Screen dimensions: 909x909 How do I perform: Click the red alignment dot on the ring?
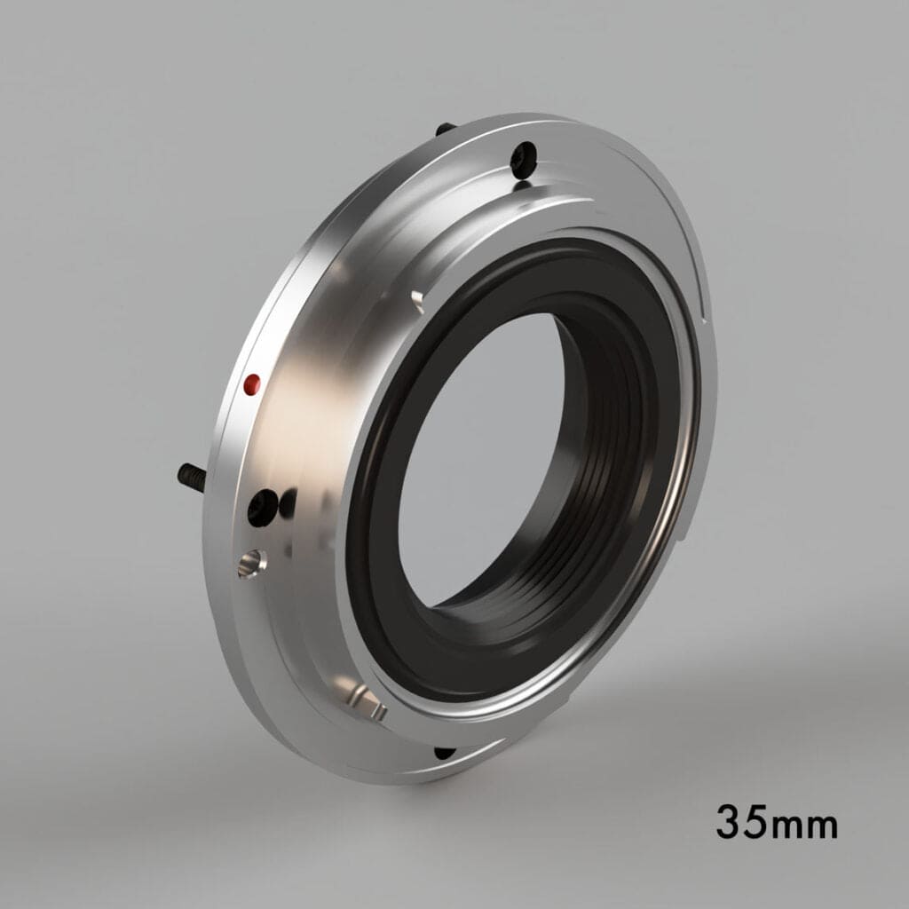click(252, 383)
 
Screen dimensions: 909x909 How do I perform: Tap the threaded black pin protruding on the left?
click(191, 477)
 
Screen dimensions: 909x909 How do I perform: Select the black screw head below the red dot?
click(262, 507)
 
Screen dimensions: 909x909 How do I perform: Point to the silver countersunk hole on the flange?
click(251, 562)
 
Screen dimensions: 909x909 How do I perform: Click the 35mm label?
click(777, 822)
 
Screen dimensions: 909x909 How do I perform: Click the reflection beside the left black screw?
click(288, 504)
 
